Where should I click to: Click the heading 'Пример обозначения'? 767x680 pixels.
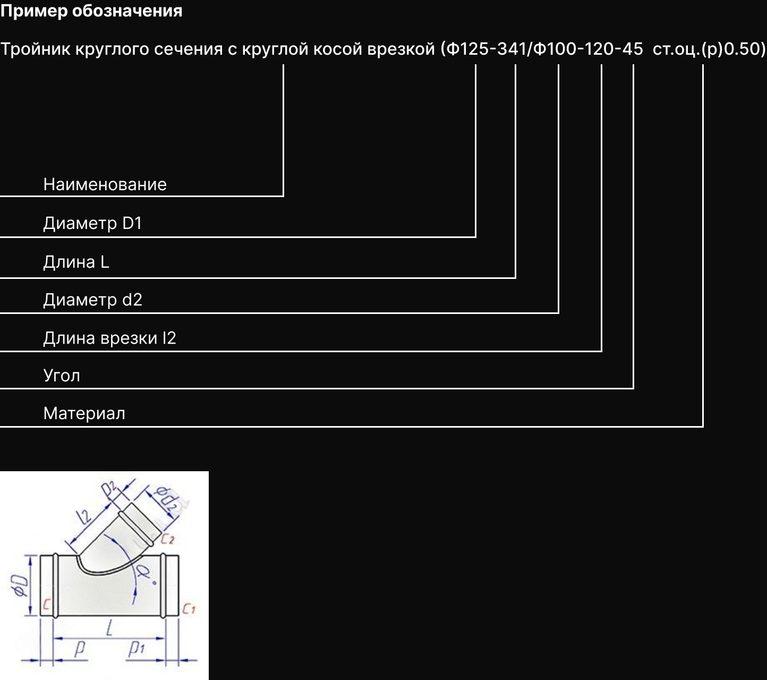click(x=91, y=11)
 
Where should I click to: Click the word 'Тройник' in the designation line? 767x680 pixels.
click(x=36, y=49)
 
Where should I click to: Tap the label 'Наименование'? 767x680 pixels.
click(x=105, y=184)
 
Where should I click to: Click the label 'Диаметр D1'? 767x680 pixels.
click(x=92, y=223)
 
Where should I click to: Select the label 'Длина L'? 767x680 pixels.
click(x=76, y=262)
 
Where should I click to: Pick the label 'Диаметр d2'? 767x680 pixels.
click(x=92, y=300)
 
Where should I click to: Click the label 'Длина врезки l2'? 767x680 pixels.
click(x=109, y=338)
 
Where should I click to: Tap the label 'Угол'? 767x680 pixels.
click(x=62, y=376)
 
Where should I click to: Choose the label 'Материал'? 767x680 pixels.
click(x=84, y=413)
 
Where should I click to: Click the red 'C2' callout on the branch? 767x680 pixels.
click(x=167, y=539)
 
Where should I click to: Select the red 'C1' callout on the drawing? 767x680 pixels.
click(x=189, y=609)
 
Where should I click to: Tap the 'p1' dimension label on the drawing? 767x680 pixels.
click(x=137, y=648)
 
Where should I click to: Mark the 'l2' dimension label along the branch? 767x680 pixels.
click(x=83, y=516)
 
